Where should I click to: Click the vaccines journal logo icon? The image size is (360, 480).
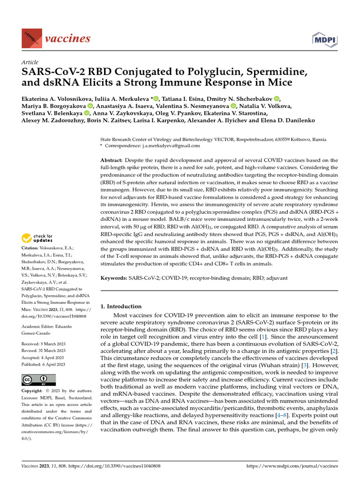(x=31, y=37)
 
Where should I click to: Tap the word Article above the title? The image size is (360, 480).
(x=30, y=62)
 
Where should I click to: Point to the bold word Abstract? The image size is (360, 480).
(x=112, y=160)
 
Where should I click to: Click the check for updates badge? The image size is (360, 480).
(x=39, y=238)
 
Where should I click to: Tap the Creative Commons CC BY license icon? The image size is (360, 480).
(x=38, y=380)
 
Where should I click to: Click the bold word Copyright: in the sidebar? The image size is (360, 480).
(x=35, y=390)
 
